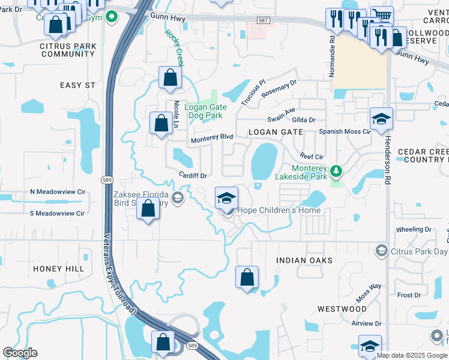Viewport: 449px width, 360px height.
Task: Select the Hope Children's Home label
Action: (x=279, y=211)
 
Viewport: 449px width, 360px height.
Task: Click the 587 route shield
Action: (x=262, y=20)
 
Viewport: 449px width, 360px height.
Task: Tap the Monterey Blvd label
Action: (x=211, y=139)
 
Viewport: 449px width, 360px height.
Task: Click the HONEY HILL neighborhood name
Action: (x=59, y=269)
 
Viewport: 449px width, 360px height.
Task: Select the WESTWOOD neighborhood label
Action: (x=342, y=309)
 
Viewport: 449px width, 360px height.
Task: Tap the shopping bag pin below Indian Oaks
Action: (x=247, y=277)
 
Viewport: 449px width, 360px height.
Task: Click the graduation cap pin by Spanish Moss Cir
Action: (x=381, y=119)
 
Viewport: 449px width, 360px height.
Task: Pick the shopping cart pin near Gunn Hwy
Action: (x=381, y=14)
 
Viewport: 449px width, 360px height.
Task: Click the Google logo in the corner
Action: (x=20, y=353)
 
